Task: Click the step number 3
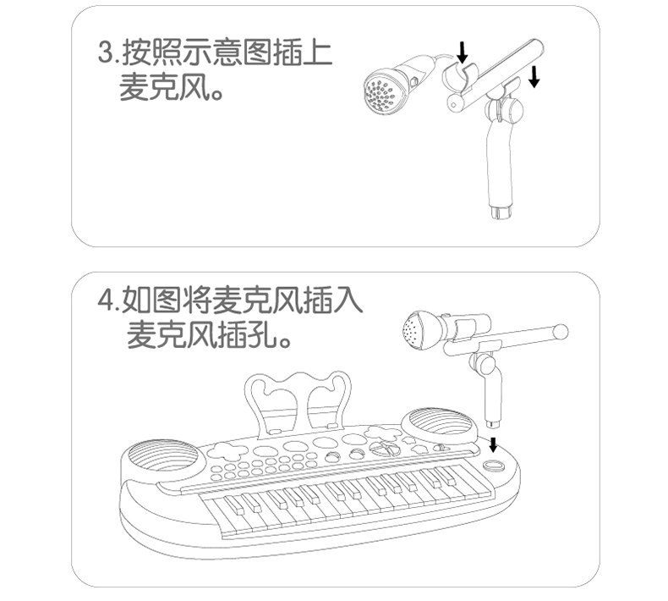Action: click(x=105, y=52)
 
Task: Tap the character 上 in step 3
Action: click(x=316, y=52)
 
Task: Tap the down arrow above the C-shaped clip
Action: click(x=463, y=52)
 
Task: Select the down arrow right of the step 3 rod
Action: click(x=534, y=77)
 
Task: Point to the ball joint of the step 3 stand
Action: click(x=505, y=110)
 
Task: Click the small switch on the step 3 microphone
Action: click(x=413, y=81)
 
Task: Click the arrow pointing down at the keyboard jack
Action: click(x=493, y=444)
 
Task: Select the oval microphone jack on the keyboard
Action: click(x=494, y=466)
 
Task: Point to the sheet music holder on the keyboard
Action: click(x=299, y=402)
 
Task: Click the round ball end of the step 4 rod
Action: click(x=561, y=332)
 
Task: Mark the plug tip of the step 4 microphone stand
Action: click(x=494, y=423)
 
